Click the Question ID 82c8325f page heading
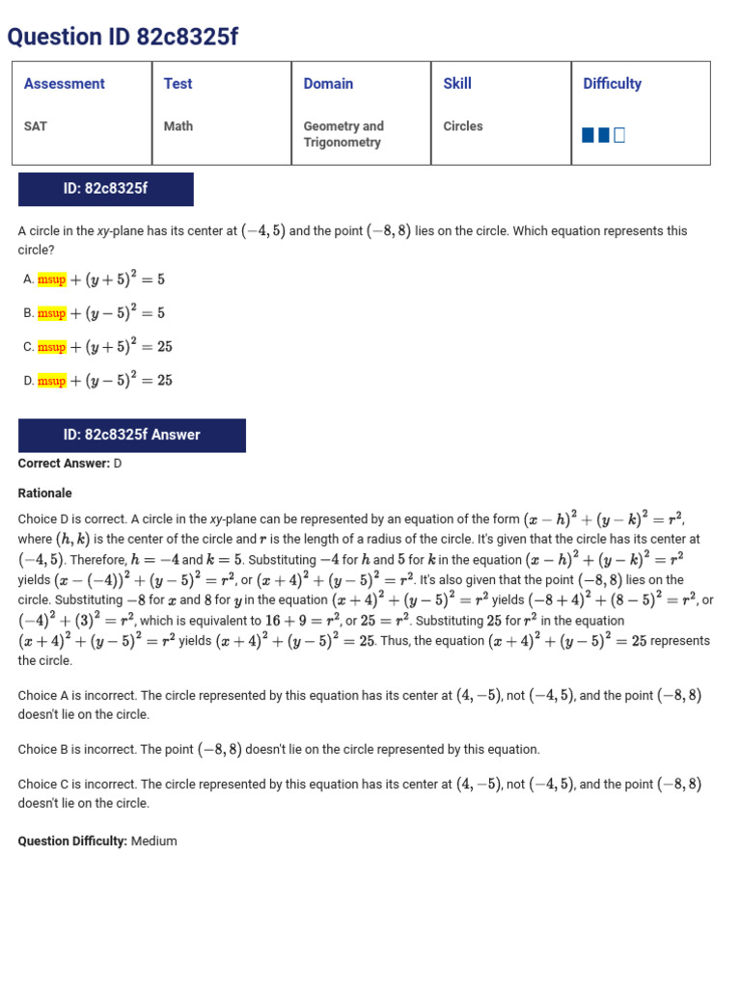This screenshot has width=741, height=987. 123,37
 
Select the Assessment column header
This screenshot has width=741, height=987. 64,84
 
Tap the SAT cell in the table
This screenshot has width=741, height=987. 37,126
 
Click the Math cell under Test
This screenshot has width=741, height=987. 178,126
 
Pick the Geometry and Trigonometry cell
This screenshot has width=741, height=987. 343,134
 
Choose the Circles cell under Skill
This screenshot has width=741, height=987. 463,126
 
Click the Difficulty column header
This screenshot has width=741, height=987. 612,84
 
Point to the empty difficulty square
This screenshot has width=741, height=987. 619,135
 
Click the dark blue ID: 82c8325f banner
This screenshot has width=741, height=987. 106,189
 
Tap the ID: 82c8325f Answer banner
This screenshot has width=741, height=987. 132,436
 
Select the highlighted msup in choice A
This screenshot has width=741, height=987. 52,280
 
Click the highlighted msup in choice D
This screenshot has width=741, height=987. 52,381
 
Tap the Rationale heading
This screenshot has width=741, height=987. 44,493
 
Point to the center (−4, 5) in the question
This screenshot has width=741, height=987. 263,231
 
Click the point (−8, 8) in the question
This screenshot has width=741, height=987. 389,231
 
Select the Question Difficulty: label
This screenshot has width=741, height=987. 72,841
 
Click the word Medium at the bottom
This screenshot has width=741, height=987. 154,841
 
